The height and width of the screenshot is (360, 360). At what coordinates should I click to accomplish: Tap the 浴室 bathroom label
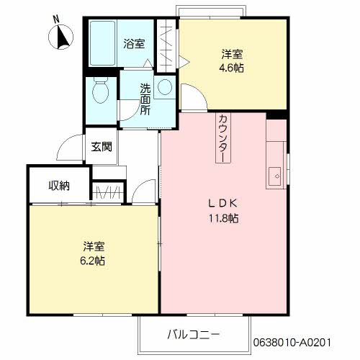(x=134, y=43)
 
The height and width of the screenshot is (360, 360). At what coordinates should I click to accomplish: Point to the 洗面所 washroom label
(x=145, y=99)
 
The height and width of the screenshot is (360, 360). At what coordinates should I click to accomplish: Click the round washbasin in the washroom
(x=165, y=88)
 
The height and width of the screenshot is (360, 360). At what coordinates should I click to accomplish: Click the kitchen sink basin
(x=274, y=176)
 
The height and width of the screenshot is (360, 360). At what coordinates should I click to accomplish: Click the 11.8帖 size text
(x=223, y=217)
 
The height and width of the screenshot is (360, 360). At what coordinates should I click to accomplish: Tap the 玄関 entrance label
(x=101, y=148)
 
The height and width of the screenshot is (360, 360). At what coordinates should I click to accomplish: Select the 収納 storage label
(x=59, y=186)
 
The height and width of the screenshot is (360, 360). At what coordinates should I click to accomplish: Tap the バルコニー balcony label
(x=193, y=334)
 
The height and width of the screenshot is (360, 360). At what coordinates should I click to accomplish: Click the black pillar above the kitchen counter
(x=277, y=114)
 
